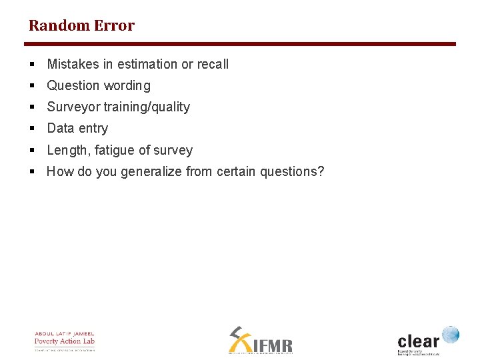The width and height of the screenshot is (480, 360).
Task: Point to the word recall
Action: coord(213,64)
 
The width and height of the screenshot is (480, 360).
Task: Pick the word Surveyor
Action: coord(73,107)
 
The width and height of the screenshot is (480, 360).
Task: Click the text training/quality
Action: coord(147,107)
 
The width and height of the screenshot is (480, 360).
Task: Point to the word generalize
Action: coord(151,172)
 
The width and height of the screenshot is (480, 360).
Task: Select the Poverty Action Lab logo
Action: coord(65,341)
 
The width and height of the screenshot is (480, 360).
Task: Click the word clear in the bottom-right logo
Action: coord(419,340)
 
